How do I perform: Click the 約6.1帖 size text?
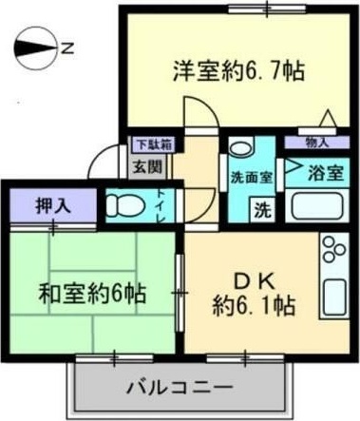252,306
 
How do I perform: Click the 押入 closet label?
51,205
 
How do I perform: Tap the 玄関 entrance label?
146,166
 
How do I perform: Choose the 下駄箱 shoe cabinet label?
152,145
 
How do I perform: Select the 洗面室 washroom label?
251,178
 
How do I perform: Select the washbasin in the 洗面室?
241,152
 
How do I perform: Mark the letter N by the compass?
67,45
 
